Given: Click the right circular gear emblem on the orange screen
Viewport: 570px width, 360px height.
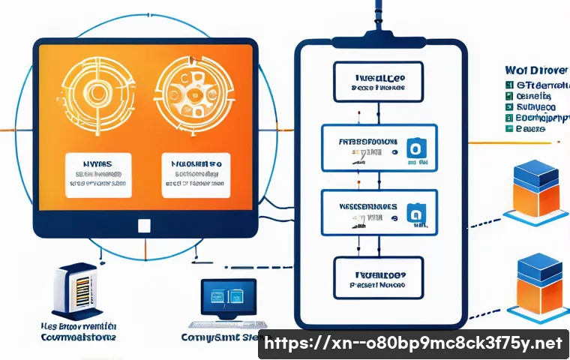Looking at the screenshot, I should pos(194,97).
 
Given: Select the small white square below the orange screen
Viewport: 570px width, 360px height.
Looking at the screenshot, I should pos(145,225).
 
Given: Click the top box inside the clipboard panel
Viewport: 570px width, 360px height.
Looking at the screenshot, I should pos(378,81).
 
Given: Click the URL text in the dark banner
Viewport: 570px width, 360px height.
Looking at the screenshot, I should pos(414,344).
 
